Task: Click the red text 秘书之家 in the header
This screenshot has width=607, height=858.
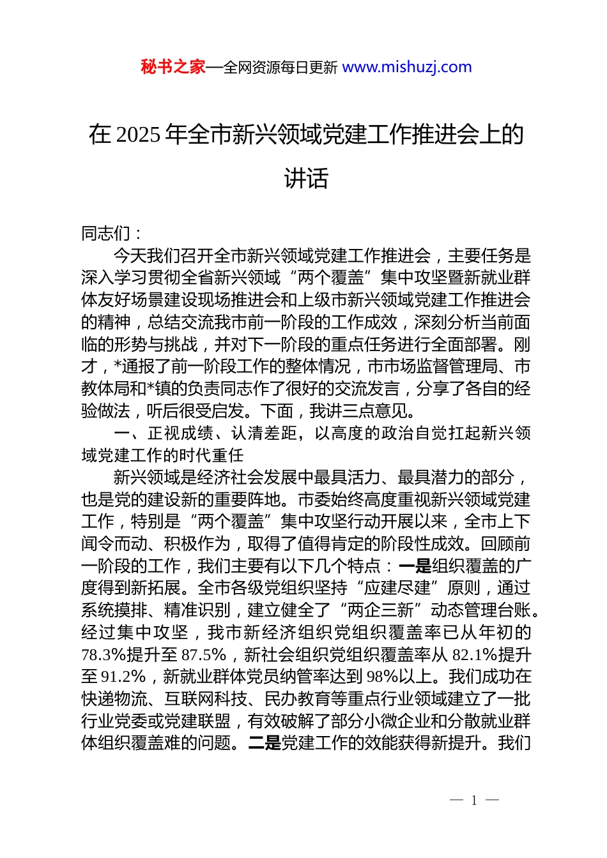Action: pyautogui.click(x=173, y=67)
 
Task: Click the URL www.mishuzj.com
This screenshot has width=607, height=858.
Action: pyautogui.click(x=407, y=67)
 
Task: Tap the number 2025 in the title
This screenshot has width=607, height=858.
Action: pyautogui.click(x=139, y=135)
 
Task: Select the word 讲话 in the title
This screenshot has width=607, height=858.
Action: pyautogui.click(x=306, y=179)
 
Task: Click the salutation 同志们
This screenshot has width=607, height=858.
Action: pyautogui.click(x=106, y=234)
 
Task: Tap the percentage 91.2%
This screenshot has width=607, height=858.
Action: pyautogui.click(x=124, y=677)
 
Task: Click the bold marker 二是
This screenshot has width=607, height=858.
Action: pyautogui.click(x=265, y=743)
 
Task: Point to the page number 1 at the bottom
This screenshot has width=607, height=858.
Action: pyautogui.click(x=474, y=801)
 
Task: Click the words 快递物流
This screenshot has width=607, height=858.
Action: pyautogui.click(x=114, y=699)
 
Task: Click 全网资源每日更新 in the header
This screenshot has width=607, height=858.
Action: pyautogui.click(x=280, y=68)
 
